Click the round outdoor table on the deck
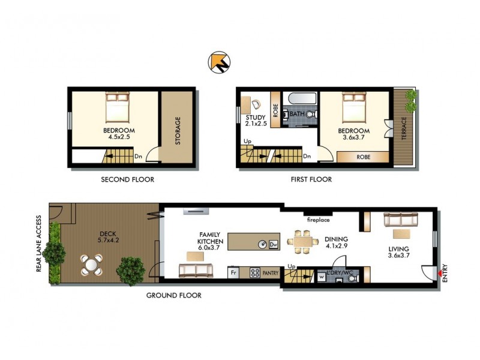pyautogui.click(x=91, y=264)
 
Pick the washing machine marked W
pyautogui.click(x=322, y=277)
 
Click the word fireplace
pyautogui.click(x=318, y=220)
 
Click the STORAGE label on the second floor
pyautogui.click(x=177, y=130)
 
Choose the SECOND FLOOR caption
pyautogui.click(x=127, y=179)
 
